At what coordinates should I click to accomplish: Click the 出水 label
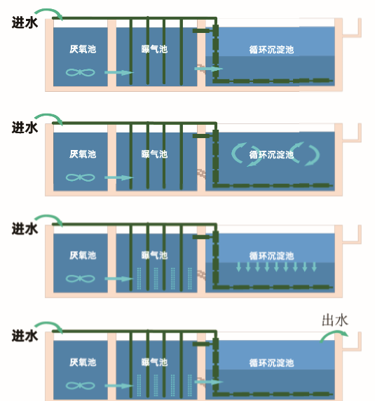pos(334,320)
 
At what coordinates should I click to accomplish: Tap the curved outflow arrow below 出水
pos(334,333)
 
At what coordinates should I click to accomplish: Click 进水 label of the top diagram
pos(25,22)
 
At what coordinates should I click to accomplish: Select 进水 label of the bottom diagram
pos(25,336)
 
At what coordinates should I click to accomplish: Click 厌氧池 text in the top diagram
pos(83,49)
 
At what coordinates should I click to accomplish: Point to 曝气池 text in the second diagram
pos(154,154)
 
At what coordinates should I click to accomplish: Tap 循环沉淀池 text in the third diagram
pos(271,256)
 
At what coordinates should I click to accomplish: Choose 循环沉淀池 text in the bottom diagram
pos(271,362)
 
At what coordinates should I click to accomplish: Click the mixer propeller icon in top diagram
pos(81,72)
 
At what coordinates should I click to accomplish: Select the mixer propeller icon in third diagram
pos(81,278)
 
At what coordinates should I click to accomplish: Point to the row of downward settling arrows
pos(276,266)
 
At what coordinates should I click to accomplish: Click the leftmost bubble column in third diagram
pos(139,278)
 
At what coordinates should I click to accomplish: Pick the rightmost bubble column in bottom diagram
pos(190,386)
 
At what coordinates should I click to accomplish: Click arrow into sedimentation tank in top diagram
pos(209,69)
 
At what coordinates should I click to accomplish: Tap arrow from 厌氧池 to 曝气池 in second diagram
pos(119,177)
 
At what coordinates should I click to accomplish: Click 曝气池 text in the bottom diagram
pos(154,362)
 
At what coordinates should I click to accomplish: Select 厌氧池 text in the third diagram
pos(83,255)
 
